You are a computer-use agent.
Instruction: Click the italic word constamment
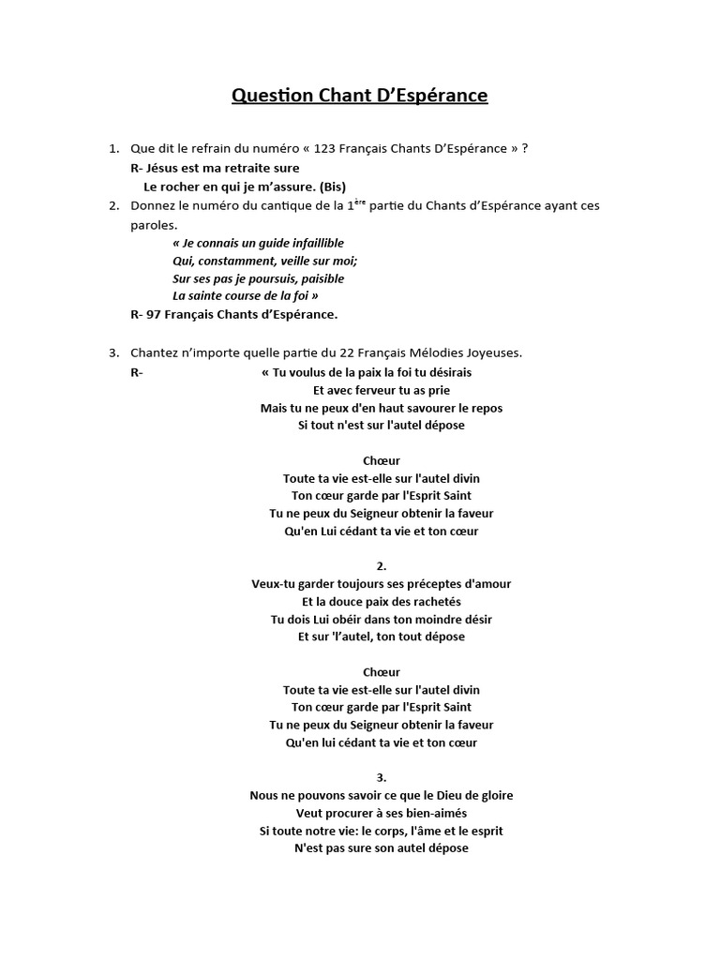click(x=234, y=261)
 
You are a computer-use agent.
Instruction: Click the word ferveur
click(x=373, y=390)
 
